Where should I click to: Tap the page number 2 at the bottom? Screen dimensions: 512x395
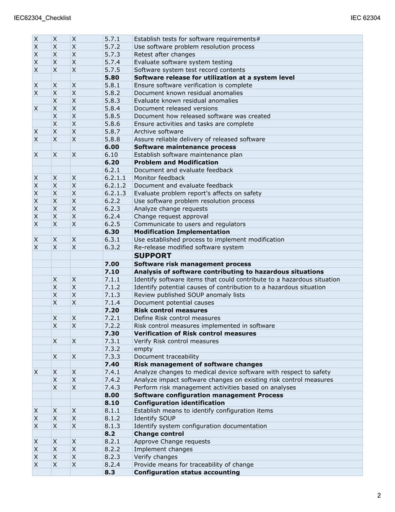378,495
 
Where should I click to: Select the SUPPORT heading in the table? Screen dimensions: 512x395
152,255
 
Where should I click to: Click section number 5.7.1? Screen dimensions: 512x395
112,39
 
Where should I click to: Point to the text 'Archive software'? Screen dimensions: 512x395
158,131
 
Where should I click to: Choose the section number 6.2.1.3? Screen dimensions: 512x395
115,193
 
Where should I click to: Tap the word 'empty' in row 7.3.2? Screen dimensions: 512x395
144,349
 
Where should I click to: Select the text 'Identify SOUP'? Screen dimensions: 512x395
154,418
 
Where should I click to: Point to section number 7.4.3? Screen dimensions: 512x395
112,387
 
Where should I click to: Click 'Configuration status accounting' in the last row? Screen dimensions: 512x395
186,472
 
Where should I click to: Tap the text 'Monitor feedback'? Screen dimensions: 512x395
159,178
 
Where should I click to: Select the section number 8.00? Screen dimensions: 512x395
112,395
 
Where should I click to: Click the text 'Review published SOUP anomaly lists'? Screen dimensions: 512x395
189,294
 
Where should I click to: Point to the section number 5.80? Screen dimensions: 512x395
112,77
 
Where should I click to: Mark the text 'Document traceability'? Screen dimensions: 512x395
167,356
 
